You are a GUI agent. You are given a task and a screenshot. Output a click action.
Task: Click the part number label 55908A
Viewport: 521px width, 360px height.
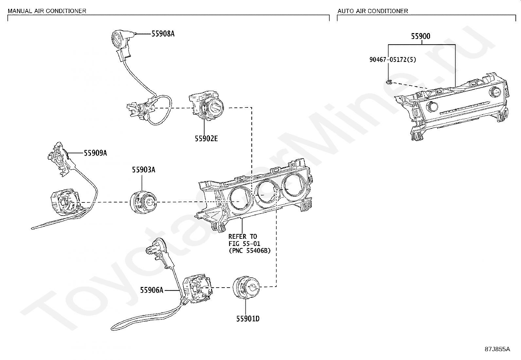tap(163, 34)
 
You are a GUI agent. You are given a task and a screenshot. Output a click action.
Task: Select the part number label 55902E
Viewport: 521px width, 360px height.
tap(206, 139)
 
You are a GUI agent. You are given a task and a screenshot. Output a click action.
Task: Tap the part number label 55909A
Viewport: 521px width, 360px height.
tap(95, 153)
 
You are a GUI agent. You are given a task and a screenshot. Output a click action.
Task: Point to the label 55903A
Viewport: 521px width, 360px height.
tap(144, 170)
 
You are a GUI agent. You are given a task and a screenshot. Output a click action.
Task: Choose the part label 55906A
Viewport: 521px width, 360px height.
tap(152, 290)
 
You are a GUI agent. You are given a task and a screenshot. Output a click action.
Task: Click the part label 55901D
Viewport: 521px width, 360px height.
tap(248, 318)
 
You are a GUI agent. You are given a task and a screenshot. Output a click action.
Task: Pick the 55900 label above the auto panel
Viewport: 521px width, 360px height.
tap(421, 36)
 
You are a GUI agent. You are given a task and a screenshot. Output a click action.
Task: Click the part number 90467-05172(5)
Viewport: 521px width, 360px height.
tap(393, 60)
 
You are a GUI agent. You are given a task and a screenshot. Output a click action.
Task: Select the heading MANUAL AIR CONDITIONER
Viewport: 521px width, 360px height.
tap(47, 11)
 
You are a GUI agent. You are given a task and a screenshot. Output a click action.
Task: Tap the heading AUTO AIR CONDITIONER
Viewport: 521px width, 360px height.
tap(373, 11)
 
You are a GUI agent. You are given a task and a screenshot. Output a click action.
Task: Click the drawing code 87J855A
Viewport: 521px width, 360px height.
tap(497, 349)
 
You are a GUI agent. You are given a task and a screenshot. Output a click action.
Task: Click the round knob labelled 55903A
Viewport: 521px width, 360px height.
tap(143, 202)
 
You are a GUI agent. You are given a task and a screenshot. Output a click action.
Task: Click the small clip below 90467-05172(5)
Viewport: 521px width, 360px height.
tap(389, 82)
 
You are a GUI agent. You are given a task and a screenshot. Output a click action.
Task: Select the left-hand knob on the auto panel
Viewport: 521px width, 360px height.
tap(432, 107)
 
